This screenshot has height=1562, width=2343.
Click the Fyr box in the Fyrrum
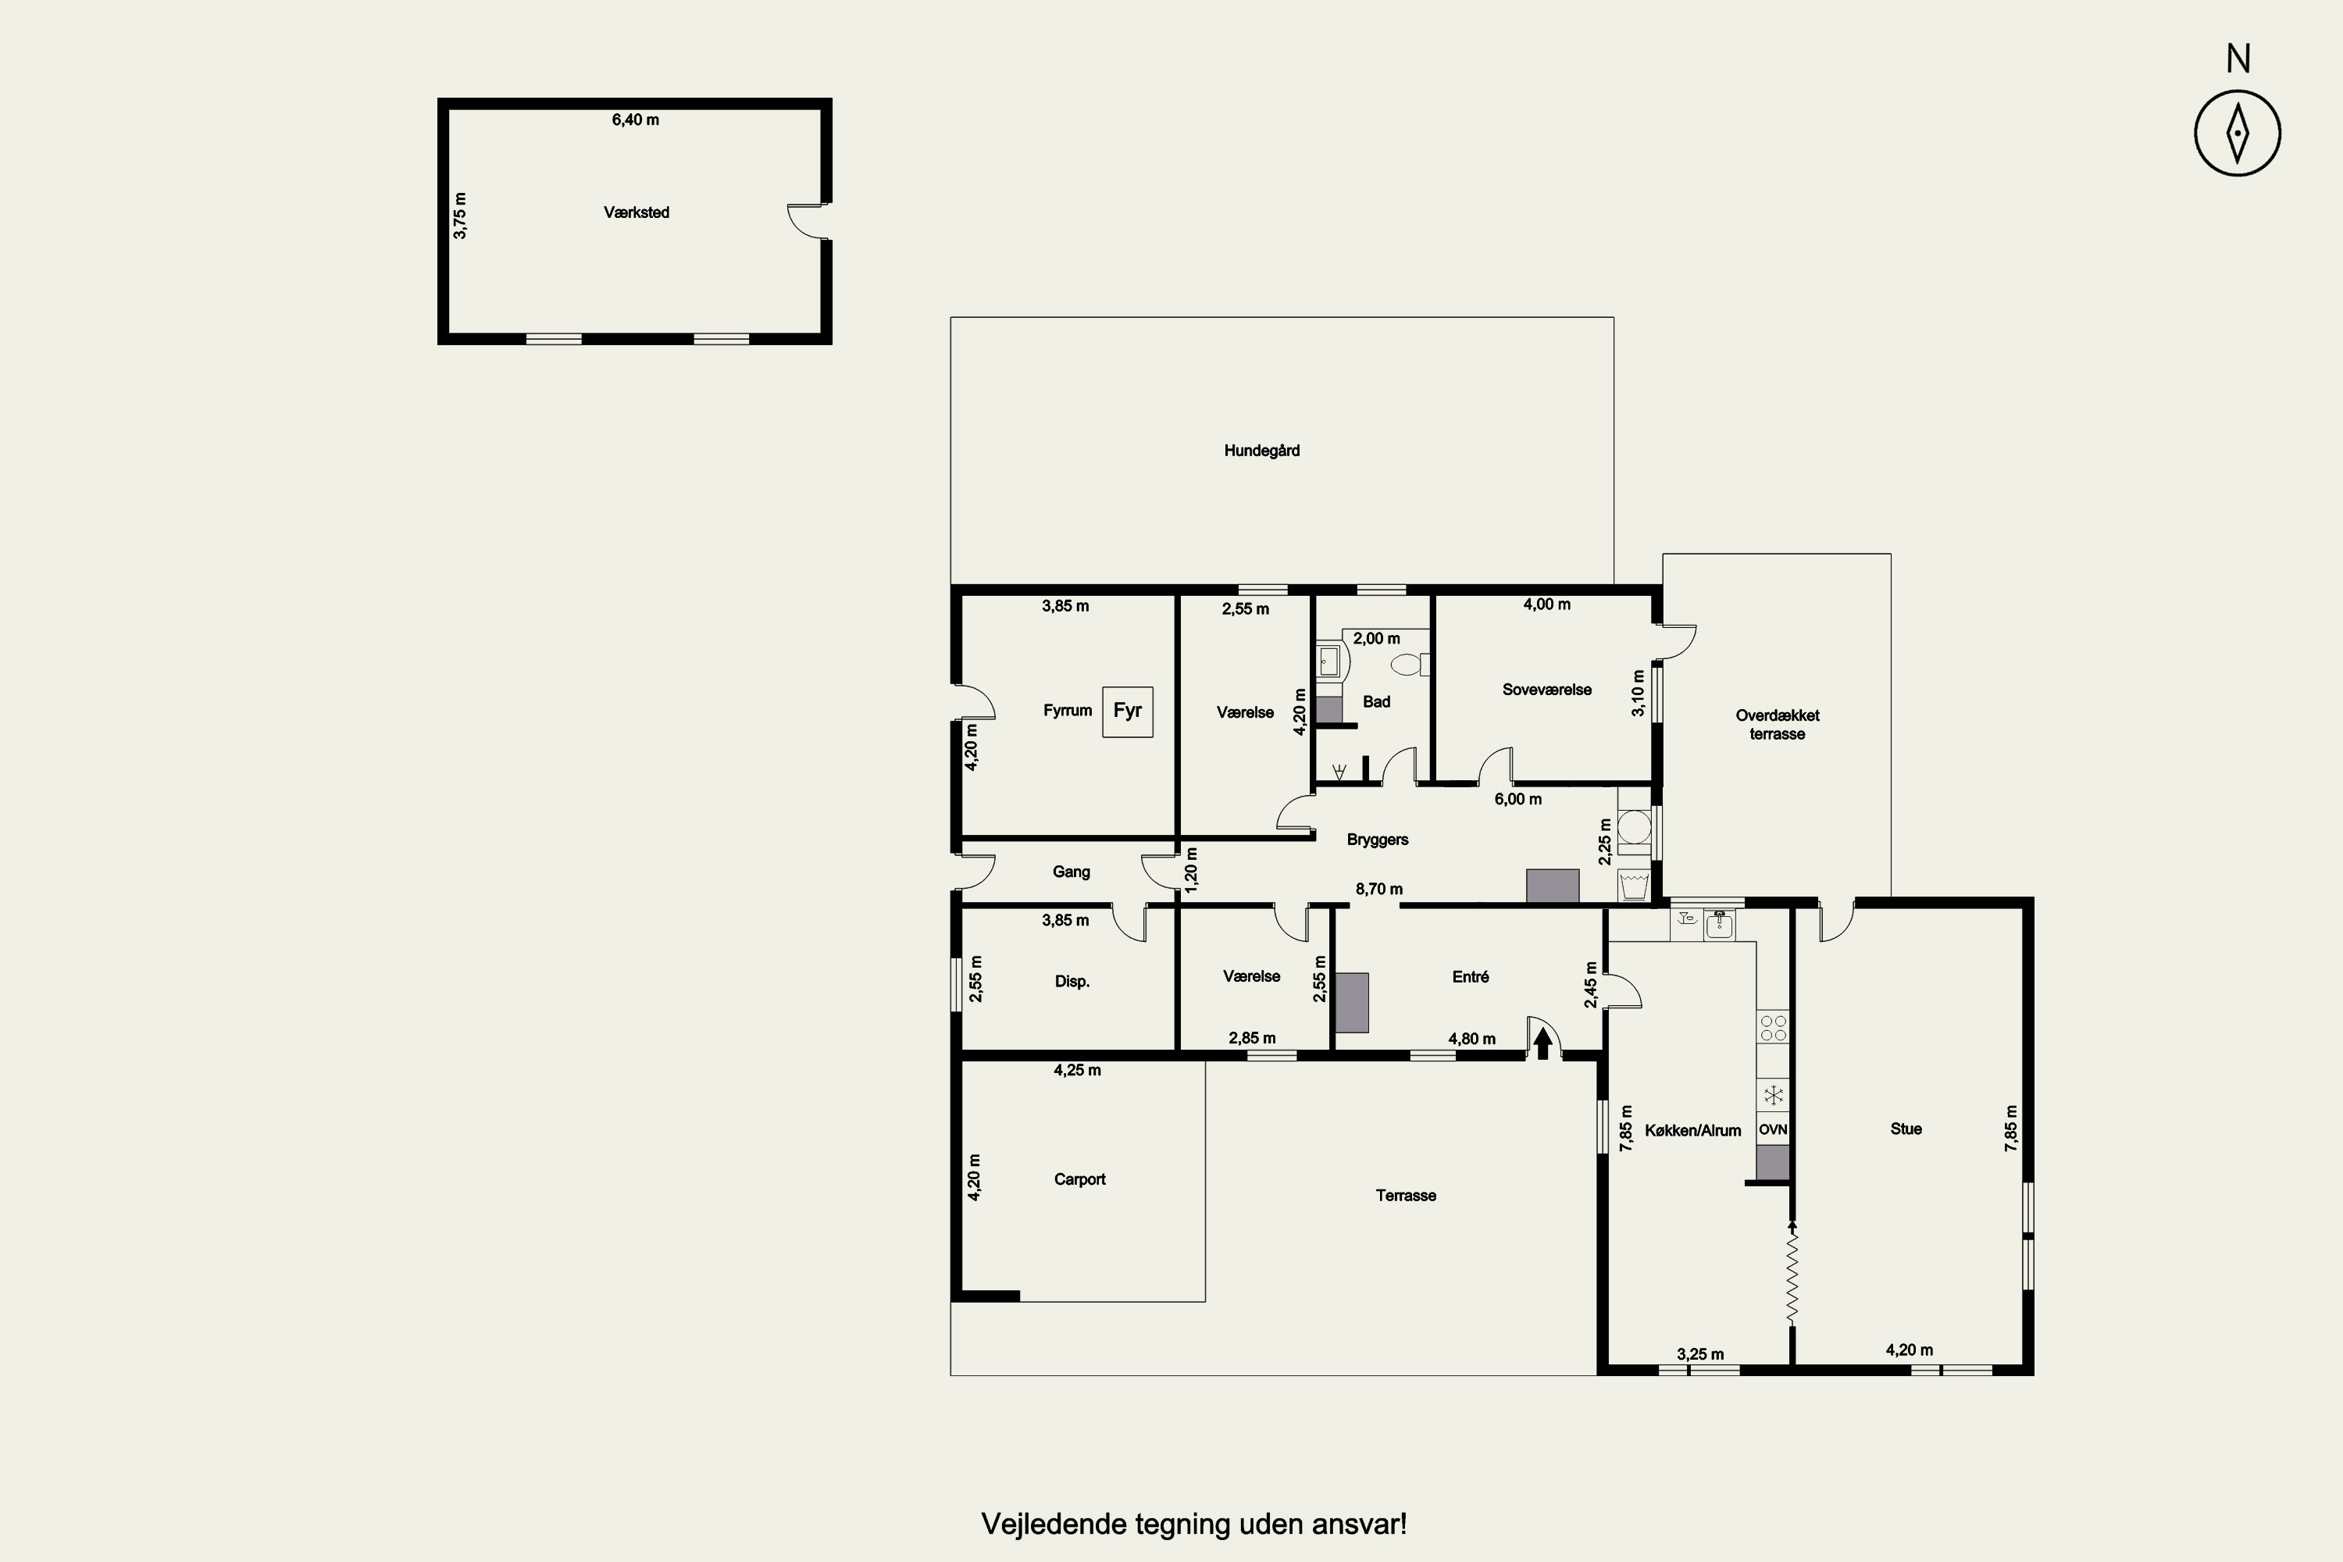[1128, 711]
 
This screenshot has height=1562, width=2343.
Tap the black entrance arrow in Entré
[1543, 1043]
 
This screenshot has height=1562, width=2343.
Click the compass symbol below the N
[2238, 134]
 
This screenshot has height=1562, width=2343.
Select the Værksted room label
[637, 212]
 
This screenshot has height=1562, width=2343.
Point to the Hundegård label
[1262, 451]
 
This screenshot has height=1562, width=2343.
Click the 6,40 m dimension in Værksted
[636, 119]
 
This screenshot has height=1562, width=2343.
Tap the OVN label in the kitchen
[1773, 1129]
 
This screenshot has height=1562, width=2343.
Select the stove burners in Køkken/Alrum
[1773, 1028]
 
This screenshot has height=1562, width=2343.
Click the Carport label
[1080, 1179]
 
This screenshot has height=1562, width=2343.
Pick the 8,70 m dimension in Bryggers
[1378, 889]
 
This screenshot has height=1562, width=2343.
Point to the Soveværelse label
[1547, 690]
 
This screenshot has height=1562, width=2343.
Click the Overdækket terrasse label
[1778, 724]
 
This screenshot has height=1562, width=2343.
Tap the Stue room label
[1906, 1129]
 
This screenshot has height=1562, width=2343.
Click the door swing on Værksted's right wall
[807, 222]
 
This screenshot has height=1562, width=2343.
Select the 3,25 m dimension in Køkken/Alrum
[1700, 1353]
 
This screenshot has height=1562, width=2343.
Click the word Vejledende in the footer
[1054, 1525]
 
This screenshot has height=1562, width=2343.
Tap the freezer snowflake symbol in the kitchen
[1773, 1096]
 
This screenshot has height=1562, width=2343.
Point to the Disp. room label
[1072, 981]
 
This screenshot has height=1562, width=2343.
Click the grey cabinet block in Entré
[1352, 1002]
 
